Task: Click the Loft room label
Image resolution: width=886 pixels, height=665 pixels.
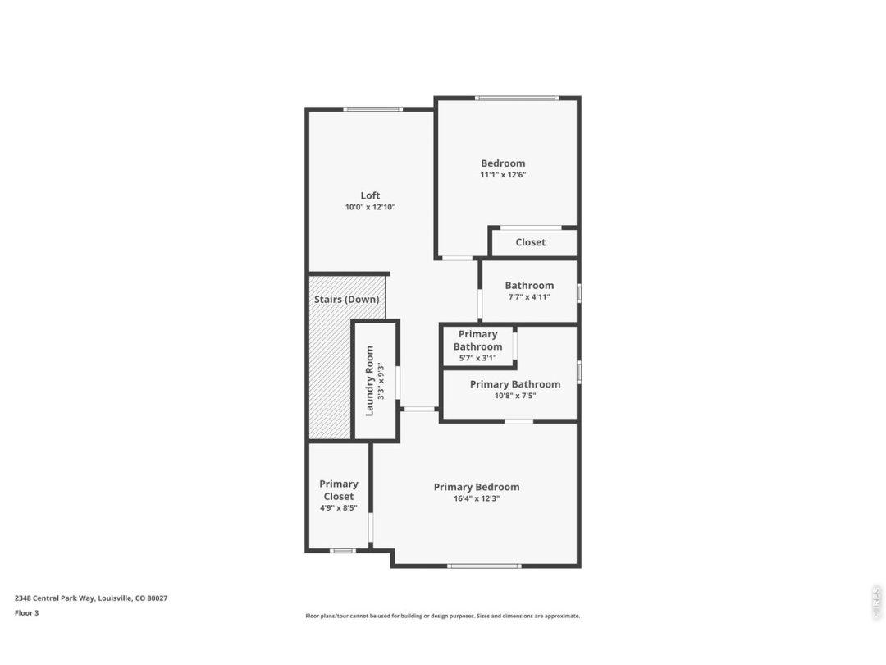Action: [370, 195]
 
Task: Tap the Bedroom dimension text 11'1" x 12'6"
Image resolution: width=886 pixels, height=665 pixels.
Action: [503, 175]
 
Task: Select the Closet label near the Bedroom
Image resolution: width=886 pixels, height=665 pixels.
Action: [531, 242]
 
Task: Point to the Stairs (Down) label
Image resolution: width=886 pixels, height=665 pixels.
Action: [346, 299]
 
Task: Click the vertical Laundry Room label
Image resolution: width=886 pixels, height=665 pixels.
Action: [369, 381]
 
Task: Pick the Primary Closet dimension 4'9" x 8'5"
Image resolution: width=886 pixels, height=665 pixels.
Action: [339, 508]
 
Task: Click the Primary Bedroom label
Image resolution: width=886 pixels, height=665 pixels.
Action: [477, 487]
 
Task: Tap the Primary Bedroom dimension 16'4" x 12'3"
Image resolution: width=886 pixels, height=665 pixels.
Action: [477, 499]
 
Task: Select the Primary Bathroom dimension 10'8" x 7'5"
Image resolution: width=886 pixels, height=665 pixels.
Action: [514, 396]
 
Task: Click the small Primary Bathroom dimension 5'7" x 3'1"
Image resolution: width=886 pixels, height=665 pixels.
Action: [477, 358]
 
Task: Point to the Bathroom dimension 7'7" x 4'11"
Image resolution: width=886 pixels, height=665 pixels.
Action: [529, 297]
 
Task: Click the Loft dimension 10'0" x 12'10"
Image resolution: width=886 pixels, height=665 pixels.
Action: [370, 207]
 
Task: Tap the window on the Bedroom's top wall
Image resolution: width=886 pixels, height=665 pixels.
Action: [517, 99]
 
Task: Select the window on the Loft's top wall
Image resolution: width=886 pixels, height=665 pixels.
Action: [373, 109]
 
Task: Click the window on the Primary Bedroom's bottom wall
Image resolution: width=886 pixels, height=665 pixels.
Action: [484, 566]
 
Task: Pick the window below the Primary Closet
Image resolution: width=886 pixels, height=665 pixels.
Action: [342, 551]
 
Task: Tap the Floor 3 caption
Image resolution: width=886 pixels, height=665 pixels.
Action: [26, 613]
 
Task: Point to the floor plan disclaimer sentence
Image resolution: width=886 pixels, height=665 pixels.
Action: [442, 617]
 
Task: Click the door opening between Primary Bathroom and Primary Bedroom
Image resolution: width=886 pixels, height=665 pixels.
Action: [518, 421]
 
